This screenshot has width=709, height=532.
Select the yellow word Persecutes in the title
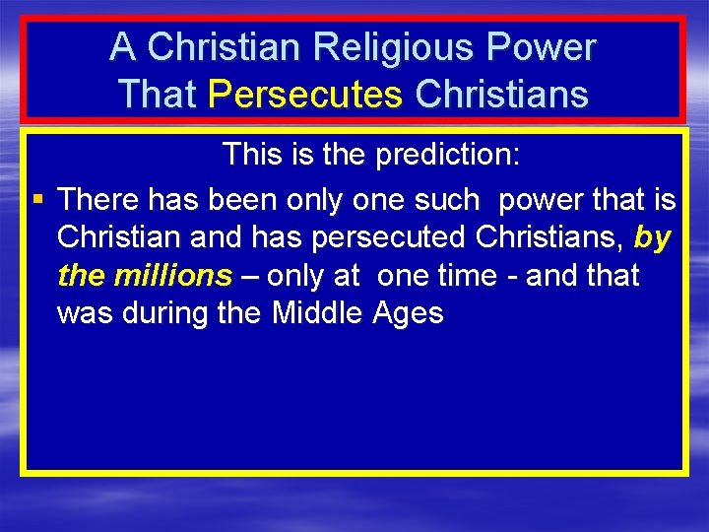[306, 94]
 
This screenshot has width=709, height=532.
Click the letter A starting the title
[122, 46]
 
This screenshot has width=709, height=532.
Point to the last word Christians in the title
[502, 94]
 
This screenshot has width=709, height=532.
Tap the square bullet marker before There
[36, 200]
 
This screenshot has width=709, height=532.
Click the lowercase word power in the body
[544, 200]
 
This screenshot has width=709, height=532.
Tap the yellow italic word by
[653, 237]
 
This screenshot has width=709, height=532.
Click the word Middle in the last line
[318, 313]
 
